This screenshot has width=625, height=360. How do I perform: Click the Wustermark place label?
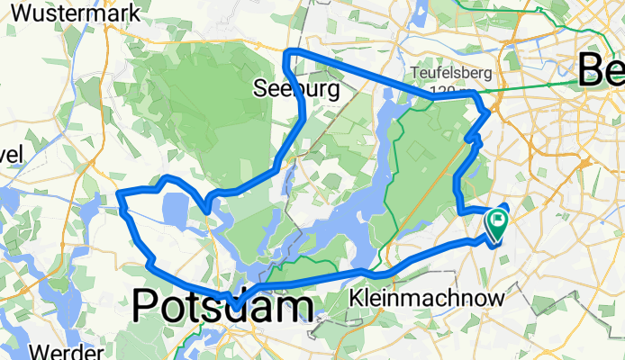click(x=70, y=13)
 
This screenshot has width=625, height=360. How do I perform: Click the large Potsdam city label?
click(x=223, y=307)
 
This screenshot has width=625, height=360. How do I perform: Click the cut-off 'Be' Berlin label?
click(x=601, y=67)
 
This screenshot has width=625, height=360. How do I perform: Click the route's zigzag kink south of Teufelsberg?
click(x=472, y=138)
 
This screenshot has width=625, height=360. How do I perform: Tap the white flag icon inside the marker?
click(x=498, y=219)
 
